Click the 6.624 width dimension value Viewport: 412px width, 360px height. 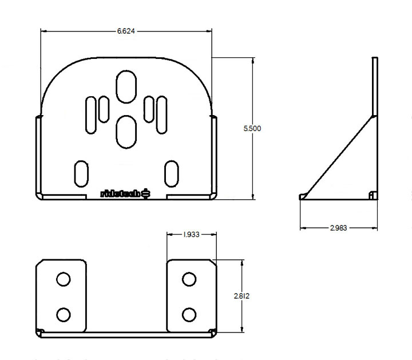(126, 31)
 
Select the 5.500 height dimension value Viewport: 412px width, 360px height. (252, 129)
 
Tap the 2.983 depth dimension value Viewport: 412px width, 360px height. (338, 228)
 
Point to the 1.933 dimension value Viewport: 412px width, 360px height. (191, 235)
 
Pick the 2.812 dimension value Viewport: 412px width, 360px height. (241, 296)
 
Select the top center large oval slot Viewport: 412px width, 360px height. (126, 87)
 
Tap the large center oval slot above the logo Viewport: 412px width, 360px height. (126, 130)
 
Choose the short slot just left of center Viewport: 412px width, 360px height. (104, 109)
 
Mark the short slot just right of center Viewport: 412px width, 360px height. (148, 109)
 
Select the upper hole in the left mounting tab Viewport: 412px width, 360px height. (64, 279)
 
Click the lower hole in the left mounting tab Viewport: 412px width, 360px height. (64, 314)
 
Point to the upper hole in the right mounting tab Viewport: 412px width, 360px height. (188, 279)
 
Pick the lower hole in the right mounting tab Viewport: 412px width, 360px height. (188, 314)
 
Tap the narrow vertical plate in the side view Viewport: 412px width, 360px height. (375, 86)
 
